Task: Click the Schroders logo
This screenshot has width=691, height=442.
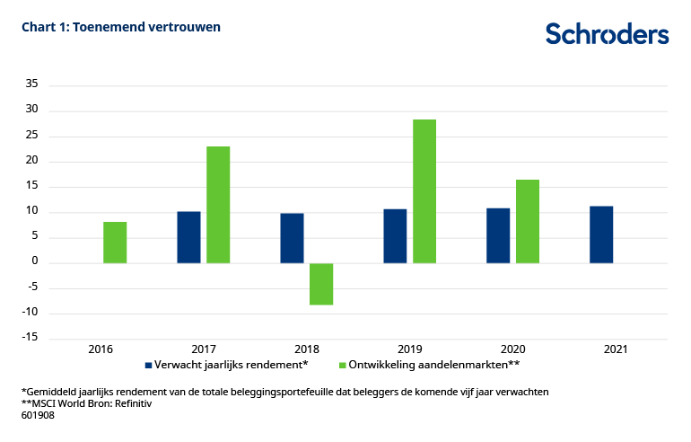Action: coord(607,34)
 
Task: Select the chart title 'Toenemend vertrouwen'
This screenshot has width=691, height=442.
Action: coord(121,27)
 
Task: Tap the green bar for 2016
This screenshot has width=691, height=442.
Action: coord(115,243)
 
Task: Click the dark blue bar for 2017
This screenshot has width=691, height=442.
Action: coord(188,237)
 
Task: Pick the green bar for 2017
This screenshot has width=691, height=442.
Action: coord(218,205)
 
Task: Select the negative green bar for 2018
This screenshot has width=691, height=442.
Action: coord(321,284)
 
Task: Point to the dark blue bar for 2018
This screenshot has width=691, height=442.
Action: coord(292,238)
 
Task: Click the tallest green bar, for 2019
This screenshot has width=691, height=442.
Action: coord(424,191)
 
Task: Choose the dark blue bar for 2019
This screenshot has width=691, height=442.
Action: coord(395,236)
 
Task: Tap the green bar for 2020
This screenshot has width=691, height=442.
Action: coord(528,221)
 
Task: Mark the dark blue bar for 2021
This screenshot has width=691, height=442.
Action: coord(601,234)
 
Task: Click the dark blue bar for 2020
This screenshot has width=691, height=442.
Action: coord(498,235)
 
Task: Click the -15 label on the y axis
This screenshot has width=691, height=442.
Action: coord(29,338)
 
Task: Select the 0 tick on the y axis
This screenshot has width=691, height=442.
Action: coord(34,262)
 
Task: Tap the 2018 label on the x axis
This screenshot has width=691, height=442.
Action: coord(306,349)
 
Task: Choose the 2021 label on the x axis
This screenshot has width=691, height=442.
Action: coord(616,349)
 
